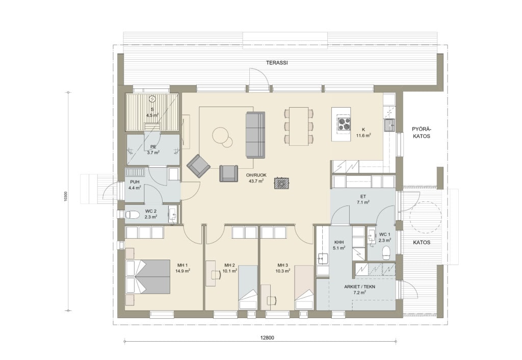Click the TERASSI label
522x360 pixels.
(277, 63)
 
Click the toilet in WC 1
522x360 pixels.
(386, 253)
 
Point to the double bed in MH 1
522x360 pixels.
(148, 276)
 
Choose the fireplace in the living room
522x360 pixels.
(281, 183)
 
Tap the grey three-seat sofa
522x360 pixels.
(255, 135)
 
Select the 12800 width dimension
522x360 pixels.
(267, 338)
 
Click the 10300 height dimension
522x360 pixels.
(66, 196)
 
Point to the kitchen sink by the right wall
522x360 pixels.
(389, 125)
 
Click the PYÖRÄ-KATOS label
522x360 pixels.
(421, 133)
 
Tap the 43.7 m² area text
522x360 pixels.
(256, 181)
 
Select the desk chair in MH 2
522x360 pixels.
(216, 275)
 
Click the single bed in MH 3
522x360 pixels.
(304, 288)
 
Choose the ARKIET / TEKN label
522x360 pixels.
(359, 287)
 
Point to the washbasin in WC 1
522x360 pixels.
(371, 237)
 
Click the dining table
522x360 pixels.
(299, 126)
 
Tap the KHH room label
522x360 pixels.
(338, 242)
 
